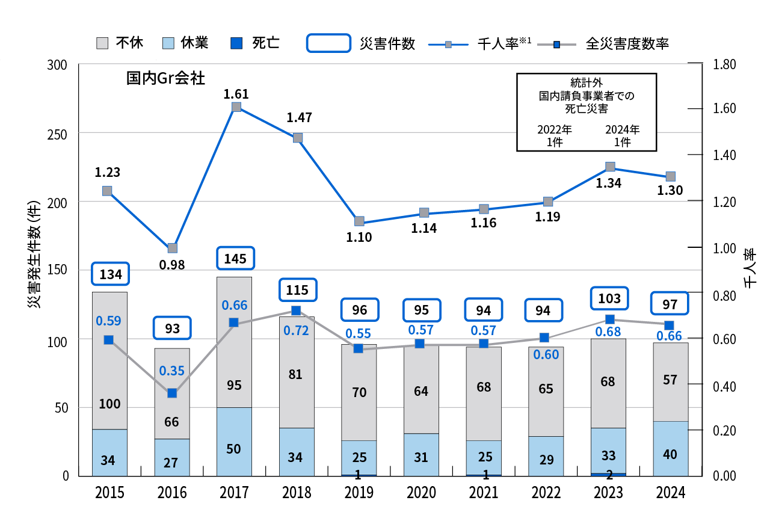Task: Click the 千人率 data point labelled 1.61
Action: click(236, 107)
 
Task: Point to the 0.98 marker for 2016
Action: click(172, 248)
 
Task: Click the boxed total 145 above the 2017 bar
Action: click(235, 259)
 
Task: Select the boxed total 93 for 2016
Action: click(172, 328)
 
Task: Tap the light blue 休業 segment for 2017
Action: click(234, 441)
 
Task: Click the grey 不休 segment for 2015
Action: click(109, 361)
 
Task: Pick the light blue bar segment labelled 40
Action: click(671, 448)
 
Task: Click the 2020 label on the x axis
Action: click(421, 493)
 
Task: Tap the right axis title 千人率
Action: click(750, 269)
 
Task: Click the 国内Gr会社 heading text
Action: click(165, 79)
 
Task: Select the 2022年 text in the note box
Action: click(554, 129)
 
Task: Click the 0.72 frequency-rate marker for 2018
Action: click(296, 311)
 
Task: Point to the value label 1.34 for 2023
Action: click(608, 183)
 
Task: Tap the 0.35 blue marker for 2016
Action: click(172, 393)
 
